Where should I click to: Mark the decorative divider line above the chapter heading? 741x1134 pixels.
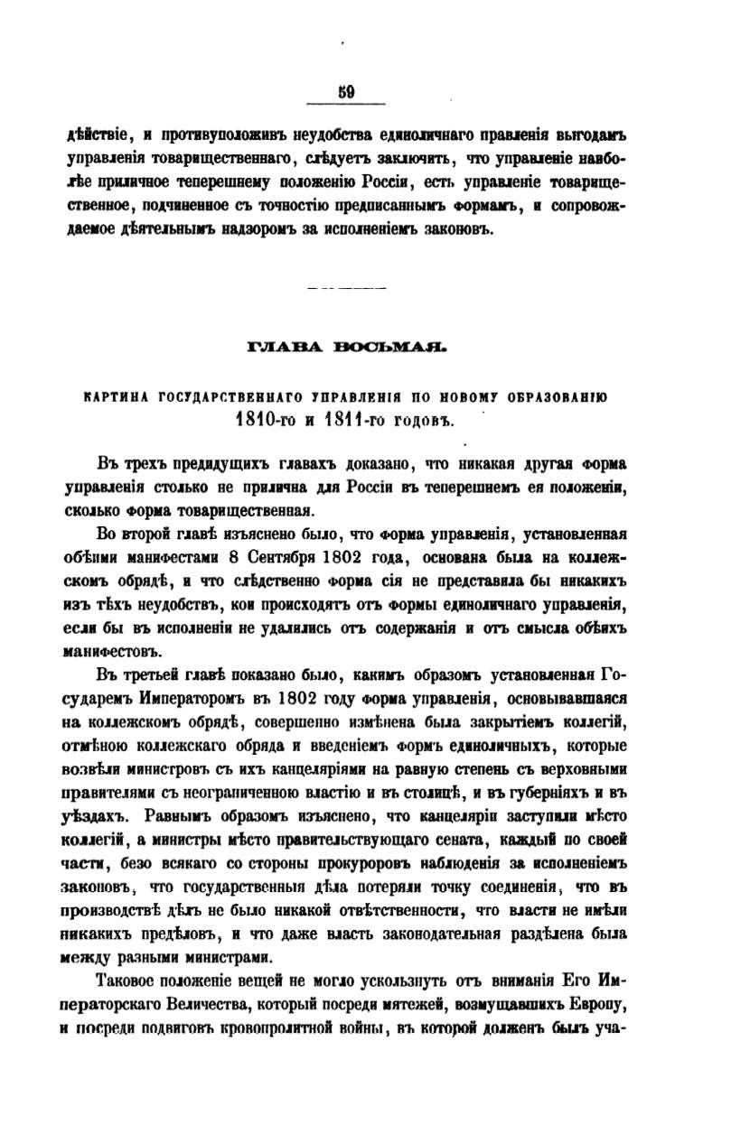[347, 289]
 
